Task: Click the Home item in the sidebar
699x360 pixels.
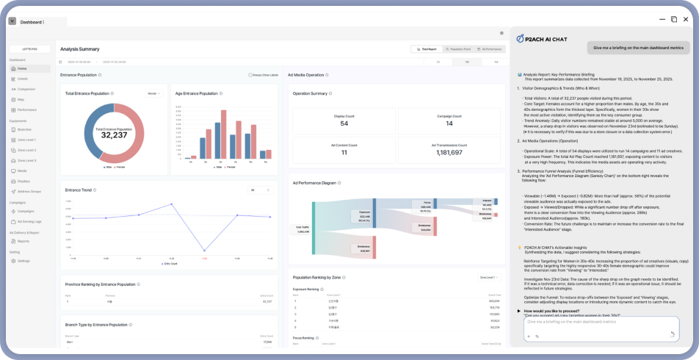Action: (x=22, y=68)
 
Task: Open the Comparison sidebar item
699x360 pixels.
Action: (x=26, y=89)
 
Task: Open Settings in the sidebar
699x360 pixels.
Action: (x=23, y=261)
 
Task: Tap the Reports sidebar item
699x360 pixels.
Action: (x=23, y=241)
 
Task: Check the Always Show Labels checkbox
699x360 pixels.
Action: (x=250, y=75)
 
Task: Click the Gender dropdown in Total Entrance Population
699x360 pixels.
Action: (x=154, y=94)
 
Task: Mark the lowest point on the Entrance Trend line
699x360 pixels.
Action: (x=203, y=251)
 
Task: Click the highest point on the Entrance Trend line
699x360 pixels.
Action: (x=172, y=204)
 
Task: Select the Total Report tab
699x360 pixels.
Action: (x=425, y=48)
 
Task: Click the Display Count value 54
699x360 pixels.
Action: (x=344, y=123)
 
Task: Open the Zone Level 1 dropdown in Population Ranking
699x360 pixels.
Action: (x=490, y=278)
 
